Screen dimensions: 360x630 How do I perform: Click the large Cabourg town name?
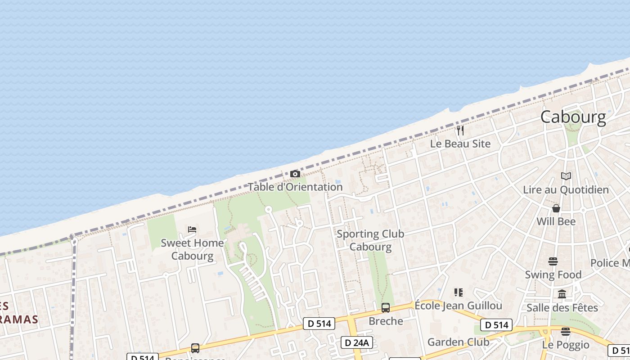573,117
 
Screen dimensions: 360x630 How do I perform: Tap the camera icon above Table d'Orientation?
295,174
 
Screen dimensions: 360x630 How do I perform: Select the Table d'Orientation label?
295,187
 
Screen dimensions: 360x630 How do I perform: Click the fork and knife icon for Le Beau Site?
460,130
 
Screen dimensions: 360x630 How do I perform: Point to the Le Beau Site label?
460,144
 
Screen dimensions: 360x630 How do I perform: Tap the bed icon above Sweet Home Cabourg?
192,229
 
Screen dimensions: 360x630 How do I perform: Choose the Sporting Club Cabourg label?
370,240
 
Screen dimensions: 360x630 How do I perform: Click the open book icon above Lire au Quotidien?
566,176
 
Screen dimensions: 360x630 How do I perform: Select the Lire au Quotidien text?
566,190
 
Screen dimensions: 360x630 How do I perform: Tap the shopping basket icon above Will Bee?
556,208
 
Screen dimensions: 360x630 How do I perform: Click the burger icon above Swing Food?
553,261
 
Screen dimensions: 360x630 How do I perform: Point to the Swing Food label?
553,274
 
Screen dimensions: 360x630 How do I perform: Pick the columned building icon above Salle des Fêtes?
562,294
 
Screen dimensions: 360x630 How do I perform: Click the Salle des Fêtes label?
562,308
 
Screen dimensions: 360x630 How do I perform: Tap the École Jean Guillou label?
458,306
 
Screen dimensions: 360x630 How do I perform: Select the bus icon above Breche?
385,308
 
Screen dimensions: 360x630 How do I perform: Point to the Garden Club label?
458,342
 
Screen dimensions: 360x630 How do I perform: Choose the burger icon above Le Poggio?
566,332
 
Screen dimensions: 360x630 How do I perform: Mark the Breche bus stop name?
386,321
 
